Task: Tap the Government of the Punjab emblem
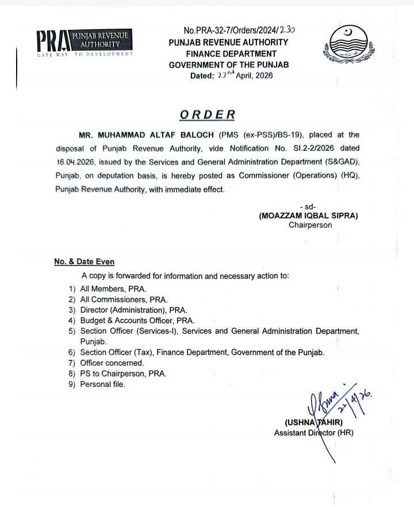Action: point(347,45)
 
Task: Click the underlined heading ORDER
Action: point(207,114)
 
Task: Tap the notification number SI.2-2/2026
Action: point(311,149)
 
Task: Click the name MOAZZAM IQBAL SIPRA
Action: point(308,216)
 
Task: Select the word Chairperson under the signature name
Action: point(310,225)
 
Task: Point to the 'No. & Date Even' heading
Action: point(84,262)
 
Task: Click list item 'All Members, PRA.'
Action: point(113,289)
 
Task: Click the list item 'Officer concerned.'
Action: point(112,363)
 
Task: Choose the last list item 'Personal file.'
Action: point(102,385)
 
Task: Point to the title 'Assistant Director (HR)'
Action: point(313,433)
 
